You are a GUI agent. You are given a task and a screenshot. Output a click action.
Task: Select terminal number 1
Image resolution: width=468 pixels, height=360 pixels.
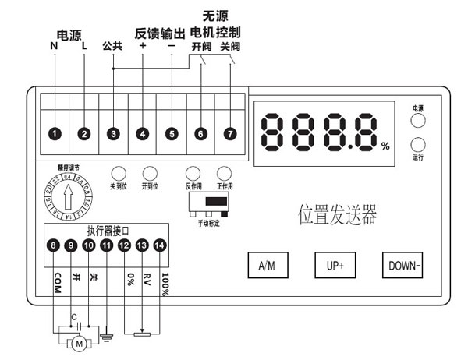coord(55,134)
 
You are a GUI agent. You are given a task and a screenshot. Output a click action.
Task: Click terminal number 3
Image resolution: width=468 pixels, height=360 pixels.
coord(113,134)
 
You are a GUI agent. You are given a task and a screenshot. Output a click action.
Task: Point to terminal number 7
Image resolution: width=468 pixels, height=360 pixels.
coord(229,134)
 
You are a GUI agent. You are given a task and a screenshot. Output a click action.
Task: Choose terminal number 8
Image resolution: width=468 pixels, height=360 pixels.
coord(53,246)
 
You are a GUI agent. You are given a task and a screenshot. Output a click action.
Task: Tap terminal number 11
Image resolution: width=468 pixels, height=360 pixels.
coord(106,246)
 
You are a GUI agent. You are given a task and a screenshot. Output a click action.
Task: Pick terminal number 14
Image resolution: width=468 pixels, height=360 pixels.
coord(160,246)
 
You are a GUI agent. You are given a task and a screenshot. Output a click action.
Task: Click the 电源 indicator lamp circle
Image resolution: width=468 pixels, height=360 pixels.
coord(419,120)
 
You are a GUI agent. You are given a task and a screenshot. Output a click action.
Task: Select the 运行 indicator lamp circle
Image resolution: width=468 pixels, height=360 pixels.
coord(419,145)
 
